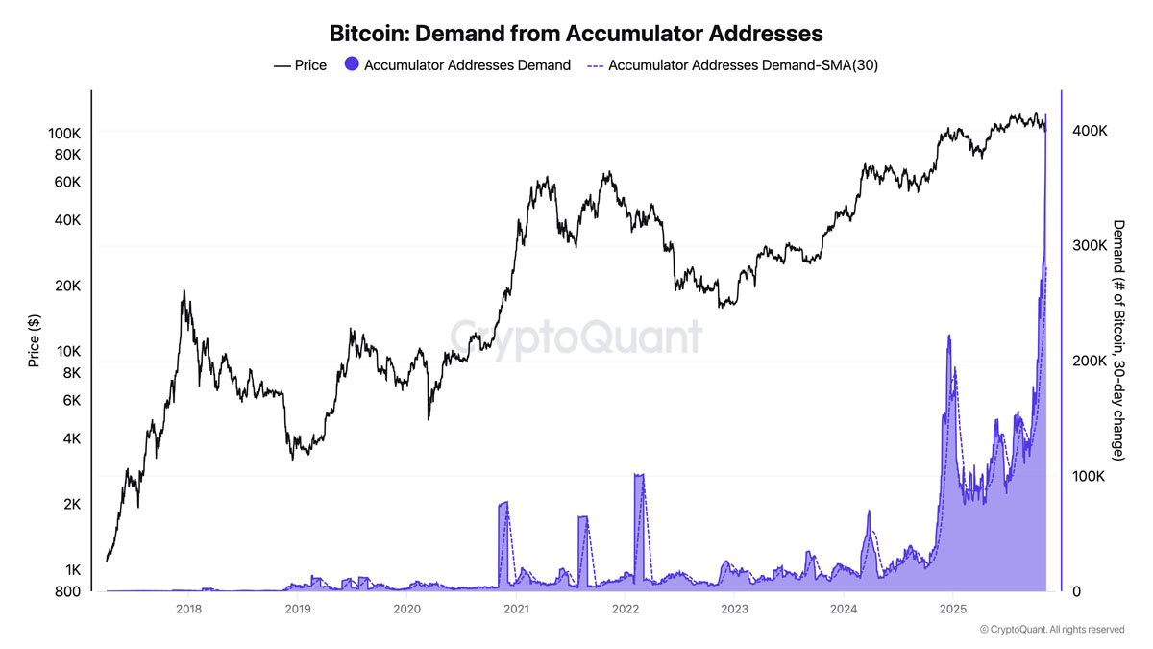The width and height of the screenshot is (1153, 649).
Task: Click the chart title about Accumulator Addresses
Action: tap(576, 34)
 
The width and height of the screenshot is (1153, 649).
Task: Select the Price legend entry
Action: tap(300, 65)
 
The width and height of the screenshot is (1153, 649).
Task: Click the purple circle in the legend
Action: tap(352, 65)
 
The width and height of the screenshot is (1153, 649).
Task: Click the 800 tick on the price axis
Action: tap(67, 591)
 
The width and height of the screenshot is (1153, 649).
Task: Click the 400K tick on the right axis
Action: tap(1090, 130)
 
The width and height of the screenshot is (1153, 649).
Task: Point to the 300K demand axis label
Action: tap(1090, 245)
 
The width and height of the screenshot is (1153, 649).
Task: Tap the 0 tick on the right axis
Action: tap(1076, 591)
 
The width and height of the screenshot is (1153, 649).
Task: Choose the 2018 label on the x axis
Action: tap(189, 609)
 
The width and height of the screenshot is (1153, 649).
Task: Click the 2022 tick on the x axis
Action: tap(626, 609)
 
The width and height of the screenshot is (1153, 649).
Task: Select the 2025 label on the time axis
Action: tap(952, 609)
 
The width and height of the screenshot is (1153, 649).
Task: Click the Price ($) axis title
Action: tap(35, 340)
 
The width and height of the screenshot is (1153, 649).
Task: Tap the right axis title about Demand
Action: tap(1118, 340)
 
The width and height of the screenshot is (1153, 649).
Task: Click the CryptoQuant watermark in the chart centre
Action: tap(576, 337)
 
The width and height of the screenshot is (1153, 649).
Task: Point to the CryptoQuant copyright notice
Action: tap(1051, 630)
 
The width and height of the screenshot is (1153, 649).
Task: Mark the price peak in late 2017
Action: tap(184, 291)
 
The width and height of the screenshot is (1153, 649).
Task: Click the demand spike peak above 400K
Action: tap(1045, 115)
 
